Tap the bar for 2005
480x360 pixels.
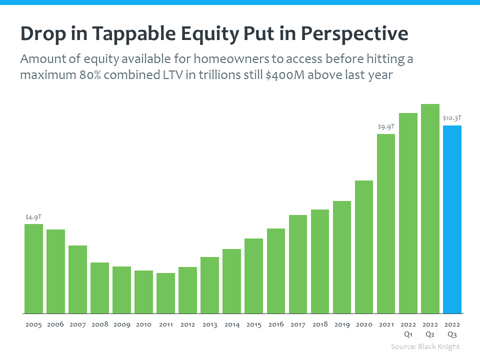33,268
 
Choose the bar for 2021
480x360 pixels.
386,223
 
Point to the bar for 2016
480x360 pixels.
276,270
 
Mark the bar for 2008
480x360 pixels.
99,287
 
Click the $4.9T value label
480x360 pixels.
33,217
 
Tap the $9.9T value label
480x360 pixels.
386,127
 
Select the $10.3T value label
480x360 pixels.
452,118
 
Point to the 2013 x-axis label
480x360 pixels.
210,324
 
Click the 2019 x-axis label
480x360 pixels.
342,324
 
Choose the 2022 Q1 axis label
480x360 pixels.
408,329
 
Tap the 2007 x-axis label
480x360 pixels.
77,324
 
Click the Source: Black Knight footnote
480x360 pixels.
425,346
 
